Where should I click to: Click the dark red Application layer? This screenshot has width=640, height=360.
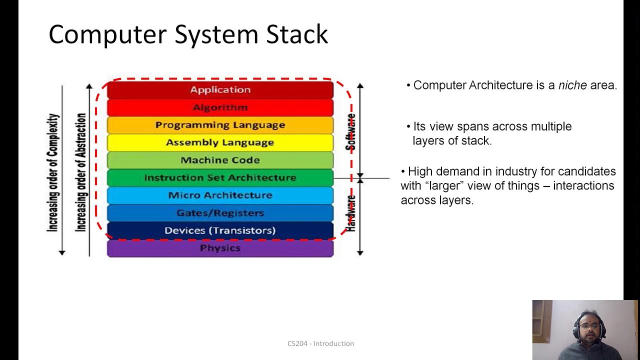pos(220,90)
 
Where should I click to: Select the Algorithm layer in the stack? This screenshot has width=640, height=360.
pos(220,107)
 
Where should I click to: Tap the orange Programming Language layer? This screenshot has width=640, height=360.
pos(220,125)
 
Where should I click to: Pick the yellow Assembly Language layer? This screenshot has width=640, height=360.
pos(220,142)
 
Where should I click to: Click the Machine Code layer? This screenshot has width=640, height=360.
pos(220,160)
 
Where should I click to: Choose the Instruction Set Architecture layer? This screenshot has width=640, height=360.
pos(220,178)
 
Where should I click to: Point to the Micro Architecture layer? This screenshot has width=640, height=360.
pos(220,195)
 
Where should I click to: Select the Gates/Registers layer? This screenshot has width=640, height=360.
pos(220,213)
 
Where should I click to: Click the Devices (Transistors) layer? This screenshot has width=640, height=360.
pos(220,230)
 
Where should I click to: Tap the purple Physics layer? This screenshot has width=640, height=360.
pos(220,248)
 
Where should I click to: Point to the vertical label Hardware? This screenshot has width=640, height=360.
pos(351,212)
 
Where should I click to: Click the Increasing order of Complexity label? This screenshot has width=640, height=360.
pos(53,172)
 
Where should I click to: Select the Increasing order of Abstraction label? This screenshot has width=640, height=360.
pos(81,172)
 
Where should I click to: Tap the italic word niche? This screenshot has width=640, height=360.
pos(572,85)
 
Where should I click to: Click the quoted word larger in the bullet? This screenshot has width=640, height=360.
pos(452,186)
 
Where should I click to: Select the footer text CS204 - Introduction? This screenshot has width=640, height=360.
pos(320,343)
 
